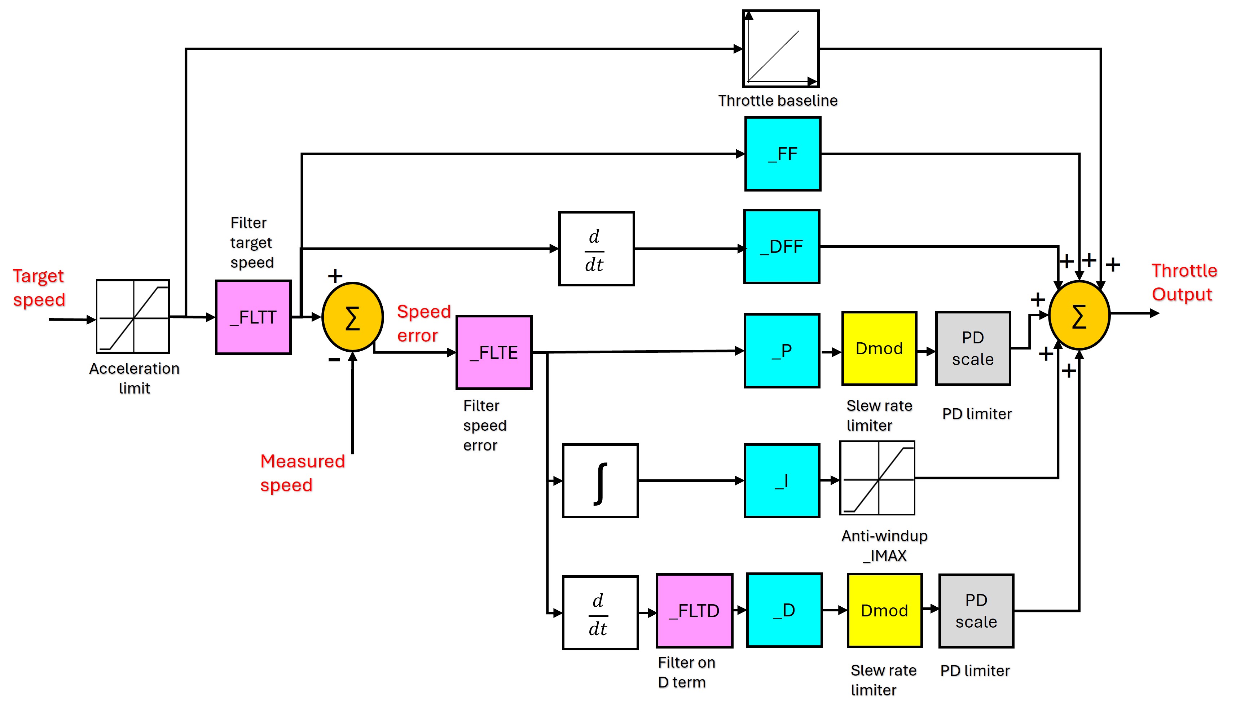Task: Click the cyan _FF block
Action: pos(782,154)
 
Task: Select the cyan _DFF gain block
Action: pos(781,246)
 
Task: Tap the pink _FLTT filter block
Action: pos(253,317)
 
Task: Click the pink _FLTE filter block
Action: pos(494,352)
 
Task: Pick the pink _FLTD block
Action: pos(694,611)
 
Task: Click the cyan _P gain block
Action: pos(781,351)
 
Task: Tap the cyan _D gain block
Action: pos(784,610)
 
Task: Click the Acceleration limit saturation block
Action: pos(133,316)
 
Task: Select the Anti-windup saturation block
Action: pos(877,478)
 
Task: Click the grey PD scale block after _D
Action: pos(976,611)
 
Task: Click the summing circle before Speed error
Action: pos(352,317)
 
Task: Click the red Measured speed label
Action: pos(302,473)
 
